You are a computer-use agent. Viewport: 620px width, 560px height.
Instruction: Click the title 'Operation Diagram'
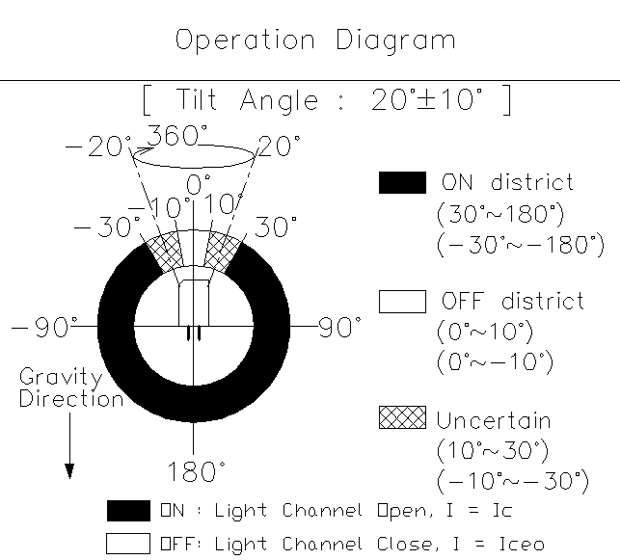314,40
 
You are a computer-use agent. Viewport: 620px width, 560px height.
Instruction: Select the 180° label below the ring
197,471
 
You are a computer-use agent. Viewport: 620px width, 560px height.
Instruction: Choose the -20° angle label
97,147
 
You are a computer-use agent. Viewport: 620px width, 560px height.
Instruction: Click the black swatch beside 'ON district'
402,183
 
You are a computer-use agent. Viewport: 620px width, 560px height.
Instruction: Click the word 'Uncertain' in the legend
494,420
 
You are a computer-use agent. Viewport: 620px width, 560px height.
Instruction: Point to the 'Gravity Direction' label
71,387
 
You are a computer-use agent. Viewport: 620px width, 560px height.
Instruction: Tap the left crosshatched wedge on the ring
163,252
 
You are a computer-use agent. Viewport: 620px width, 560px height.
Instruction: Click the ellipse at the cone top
195,153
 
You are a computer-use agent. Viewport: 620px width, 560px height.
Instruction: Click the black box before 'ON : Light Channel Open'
127,511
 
